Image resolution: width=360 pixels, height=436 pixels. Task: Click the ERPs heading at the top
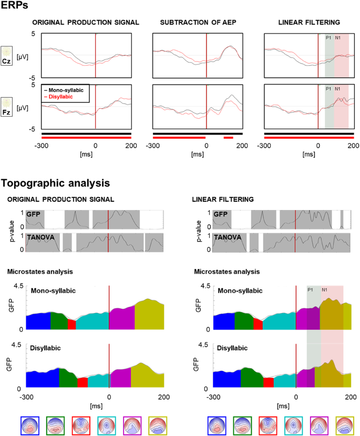pyautogui.click(x=14, y=6)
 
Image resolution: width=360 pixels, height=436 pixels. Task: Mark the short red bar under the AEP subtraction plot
pyautogui.click(x=228, y=138)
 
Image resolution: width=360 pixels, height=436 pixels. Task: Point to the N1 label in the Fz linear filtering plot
pyautogui.click(x=337, y=89)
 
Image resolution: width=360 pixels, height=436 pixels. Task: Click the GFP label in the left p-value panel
pyautogui.click(x=35, y=215)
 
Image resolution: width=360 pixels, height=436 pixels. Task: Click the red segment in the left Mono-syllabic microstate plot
pyautogui.click(x=72, y=324)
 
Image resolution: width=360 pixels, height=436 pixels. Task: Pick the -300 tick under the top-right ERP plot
pyautogui.click(x=265, y=146)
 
